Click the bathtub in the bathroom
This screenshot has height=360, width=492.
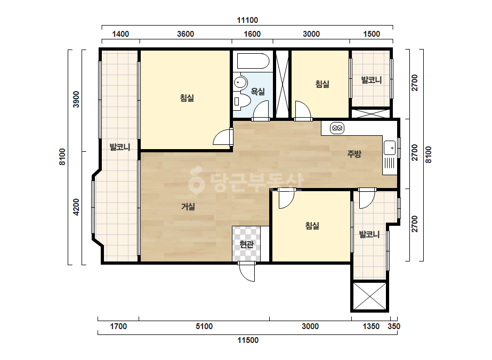(x=253, y=61)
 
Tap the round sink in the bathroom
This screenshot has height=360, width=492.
(x=240, y=83)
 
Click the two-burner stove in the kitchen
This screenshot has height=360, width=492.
(x=337, y=128)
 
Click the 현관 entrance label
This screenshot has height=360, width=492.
(x=246, y=244)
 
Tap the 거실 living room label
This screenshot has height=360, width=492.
(x=188, y=207)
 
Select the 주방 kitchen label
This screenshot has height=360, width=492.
(x=354, y=154)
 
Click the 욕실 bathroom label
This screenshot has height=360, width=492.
(x=258, y=92)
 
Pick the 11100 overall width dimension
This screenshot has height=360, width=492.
(x=247, y=20)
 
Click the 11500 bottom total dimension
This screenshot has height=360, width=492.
(x=248, y=340)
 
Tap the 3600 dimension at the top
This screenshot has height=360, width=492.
(x=185, y=34)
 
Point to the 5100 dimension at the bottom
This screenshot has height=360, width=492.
(x=204, y=326)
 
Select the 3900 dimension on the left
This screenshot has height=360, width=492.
(x=76, y=99)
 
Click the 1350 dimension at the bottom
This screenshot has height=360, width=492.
(x=371, y=326)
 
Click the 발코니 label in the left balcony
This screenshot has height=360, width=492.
(x=120, y=147)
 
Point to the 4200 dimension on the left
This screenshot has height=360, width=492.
(x=76, y=207)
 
